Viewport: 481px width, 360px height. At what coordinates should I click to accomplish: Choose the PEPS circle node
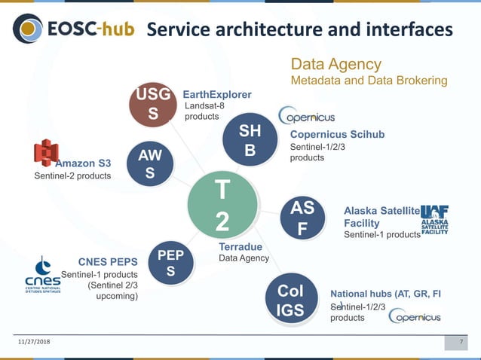pos(171,263)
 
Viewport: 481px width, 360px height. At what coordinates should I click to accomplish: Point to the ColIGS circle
pos(291,300)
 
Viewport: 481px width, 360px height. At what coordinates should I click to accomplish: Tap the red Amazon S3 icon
pos(46,153)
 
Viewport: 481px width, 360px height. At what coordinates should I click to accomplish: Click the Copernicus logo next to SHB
pos(307,116)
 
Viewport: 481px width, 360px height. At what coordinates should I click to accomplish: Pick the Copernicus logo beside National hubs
pos(415,316)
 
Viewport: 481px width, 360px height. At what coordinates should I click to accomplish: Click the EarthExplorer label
pos(217,94)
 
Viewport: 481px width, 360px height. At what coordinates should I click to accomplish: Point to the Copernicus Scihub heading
pos(337,135)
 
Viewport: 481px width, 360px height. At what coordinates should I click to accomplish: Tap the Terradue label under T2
pos(240,247)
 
